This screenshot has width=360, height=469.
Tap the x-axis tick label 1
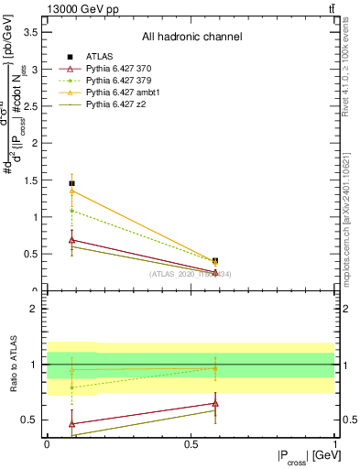pyautogui.click(x=334, y=443)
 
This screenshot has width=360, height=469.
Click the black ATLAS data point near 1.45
pyautogui.click(x=71, y=183)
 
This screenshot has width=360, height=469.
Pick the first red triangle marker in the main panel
pyautogui.click(x=71, y=240)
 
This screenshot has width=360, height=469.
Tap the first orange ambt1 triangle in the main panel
pyautogui.click(x=71, y=191)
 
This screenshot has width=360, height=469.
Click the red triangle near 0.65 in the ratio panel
pyautogui.click(x=215, y=403)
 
